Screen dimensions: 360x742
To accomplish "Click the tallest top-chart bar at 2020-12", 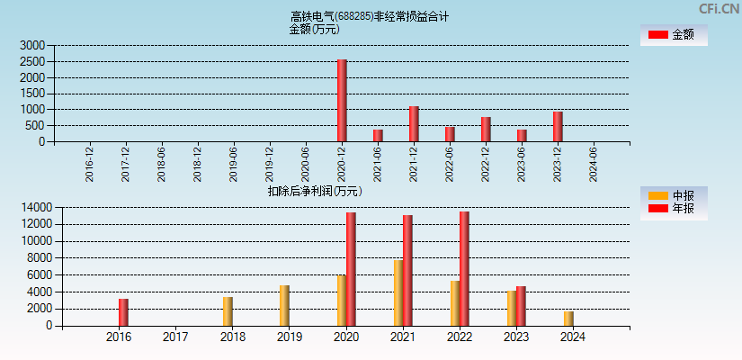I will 342,101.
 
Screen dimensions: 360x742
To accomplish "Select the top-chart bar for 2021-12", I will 414,124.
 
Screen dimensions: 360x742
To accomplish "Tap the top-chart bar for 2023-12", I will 558,127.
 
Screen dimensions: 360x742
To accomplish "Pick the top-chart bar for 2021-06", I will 378,136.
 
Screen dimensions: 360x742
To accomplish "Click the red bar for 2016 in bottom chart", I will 123,312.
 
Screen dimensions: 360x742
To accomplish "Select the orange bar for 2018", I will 228,311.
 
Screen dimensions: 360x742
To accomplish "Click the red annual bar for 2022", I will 464,269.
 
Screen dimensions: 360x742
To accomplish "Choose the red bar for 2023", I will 521,306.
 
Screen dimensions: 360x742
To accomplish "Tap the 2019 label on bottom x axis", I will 289,337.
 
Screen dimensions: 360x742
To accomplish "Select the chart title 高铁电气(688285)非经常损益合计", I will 370,16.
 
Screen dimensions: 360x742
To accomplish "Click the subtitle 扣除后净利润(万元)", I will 314,191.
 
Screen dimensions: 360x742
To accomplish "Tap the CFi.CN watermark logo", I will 719,9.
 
